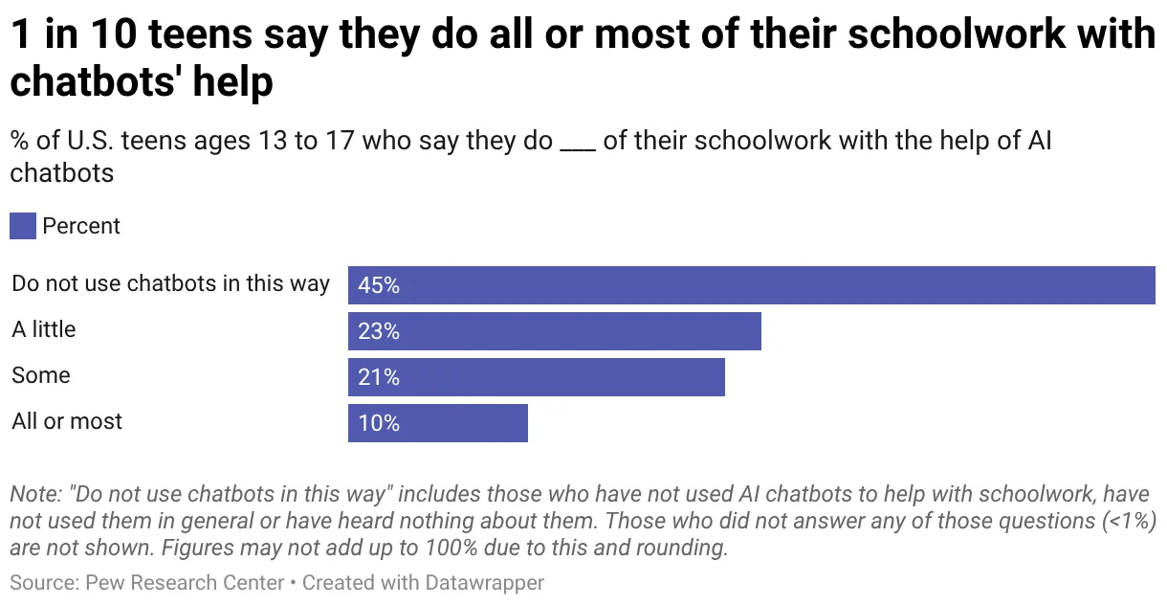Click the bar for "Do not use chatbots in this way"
click(751, 285)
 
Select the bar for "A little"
click(554, 331)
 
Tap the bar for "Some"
click(536, 377)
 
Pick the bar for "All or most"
click(437, 423)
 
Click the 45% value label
click(379, 285)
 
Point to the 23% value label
click(379, 331)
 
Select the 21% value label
click(379, 377)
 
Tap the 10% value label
click(379, 423)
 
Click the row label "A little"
click(44, 329)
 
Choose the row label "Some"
click(41, 375)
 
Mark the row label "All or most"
click(67, 421)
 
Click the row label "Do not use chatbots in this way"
click(170, 283)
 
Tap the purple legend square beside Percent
click(23, 226)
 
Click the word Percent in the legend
click(81, 226)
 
